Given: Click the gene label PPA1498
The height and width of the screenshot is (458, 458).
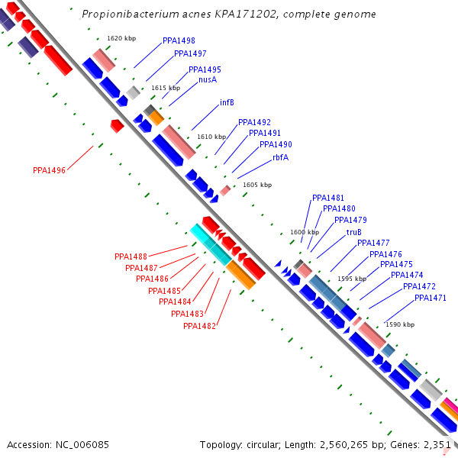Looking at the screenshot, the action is tap(179, 40).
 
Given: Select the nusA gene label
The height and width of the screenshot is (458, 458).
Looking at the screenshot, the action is tap(208, 79).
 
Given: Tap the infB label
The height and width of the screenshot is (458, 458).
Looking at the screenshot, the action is tap(227, 102).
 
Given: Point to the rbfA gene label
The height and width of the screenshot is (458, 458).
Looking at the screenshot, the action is tap(280, 157).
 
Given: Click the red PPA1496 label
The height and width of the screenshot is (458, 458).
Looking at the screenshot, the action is tap(49, 170).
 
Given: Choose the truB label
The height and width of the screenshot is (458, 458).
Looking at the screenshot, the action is tap(354, 232).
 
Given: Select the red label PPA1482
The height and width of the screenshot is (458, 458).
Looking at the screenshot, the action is tap(199, 326).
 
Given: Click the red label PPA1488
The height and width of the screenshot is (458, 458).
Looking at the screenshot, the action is tap(131, 256).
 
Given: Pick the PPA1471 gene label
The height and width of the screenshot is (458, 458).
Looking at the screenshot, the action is tap(431, 298).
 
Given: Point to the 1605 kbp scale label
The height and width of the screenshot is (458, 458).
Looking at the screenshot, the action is tap(256, 185).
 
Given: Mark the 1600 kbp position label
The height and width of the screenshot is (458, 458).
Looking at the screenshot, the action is tap(305, 232).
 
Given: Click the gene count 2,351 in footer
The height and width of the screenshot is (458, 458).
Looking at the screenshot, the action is tap(438, 444).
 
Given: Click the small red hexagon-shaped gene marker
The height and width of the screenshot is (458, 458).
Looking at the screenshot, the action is tap(117, 125).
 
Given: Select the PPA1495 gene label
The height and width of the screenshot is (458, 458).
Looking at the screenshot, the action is tap(205, 69).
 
